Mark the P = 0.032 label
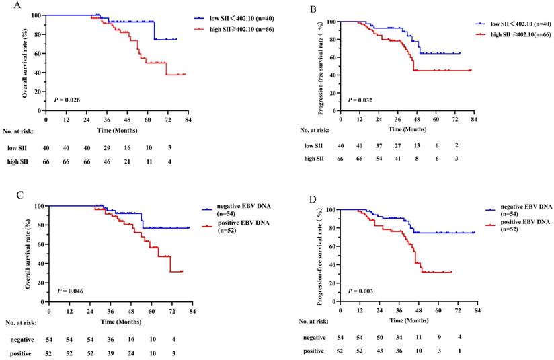pyautogui.click(x=361, y=100)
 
